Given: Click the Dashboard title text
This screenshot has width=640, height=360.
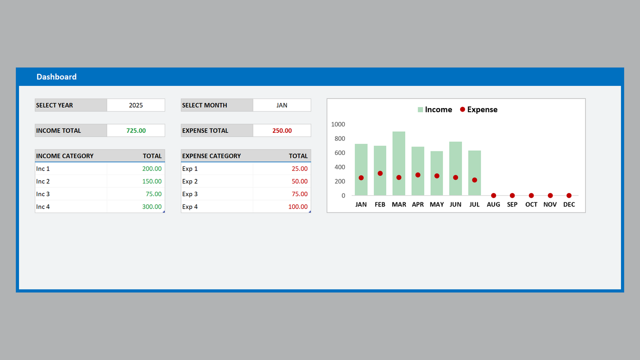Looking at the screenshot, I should click(x=56, y=77).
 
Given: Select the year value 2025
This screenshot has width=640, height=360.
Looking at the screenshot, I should click(x=136, y=105).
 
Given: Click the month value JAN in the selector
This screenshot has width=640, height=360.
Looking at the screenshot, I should click(x=282, y=105).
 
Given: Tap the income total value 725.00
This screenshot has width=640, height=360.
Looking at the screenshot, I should click(x=136, y=131).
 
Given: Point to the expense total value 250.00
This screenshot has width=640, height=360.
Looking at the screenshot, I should click(x=282, y=131).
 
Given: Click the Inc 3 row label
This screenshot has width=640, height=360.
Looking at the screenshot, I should click(x=43, y=194).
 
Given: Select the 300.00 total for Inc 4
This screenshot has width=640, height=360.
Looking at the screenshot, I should click(x=152, y=207).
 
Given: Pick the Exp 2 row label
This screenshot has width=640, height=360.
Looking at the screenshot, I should click(x=190, y=182).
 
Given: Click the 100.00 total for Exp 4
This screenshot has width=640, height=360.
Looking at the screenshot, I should click(x=298, y=207).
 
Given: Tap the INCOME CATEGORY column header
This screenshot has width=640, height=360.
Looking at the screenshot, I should click(x=65, y=156).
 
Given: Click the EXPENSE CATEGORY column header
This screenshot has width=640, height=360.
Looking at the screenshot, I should click(x=211, y=156).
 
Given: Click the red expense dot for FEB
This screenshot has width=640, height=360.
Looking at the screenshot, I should click(x=380, y=174).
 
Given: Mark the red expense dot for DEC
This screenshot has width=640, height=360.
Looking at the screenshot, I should click(x=569, y=196).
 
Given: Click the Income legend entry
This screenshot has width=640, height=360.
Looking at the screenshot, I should click(x=434, y=110).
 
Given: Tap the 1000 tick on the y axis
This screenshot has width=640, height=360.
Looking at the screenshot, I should click(x=338, y=124).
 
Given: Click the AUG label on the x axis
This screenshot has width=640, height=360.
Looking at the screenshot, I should click(x=493, y=205).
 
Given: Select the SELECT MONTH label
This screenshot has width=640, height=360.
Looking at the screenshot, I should click(x=205, y=105).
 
